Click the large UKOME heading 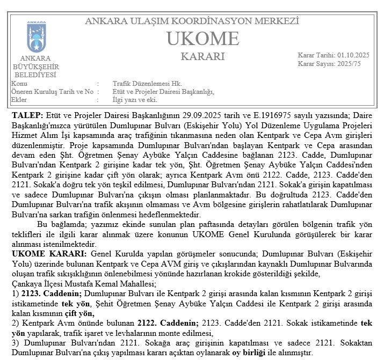click(x=202, y=39)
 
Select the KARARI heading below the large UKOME click(x=202, y=56)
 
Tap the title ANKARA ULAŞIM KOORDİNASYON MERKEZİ click(x=192, y=22)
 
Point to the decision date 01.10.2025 click(x=354, y=55)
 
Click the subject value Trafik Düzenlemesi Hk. click(x=147, y=84)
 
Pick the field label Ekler click(x=19, y=100)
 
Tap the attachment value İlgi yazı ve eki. click(x=135, y=100)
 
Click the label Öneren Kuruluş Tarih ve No click(x=52, y=92)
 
